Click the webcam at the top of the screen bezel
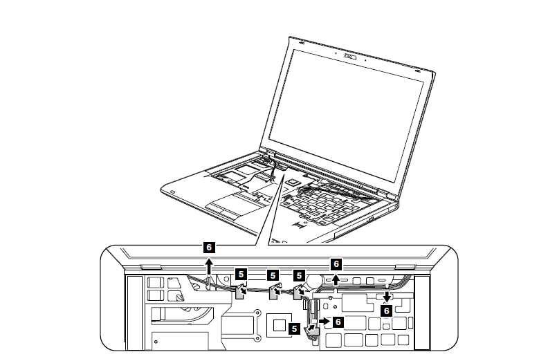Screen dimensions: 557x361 click(350, 57)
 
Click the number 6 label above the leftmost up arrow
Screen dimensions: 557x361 click(209, 248)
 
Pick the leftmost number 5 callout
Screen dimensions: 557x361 click(241, 274)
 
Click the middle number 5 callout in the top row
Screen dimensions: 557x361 click(273, 275)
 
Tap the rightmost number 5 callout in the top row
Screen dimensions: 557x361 click(299, 275)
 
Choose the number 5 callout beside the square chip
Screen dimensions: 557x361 click(294, 328)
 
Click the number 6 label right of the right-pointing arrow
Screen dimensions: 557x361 click(338, 322)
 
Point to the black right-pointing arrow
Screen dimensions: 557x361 click(324, 321)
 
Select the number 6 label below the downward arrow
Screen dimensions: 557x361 click(387, 311)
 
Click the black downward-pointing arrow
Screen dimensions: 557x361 click(387, 297)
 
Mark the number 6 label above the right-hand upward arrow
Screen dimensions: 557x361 click(336, 263)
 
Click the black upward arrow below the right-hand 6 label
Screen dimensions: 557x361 click(336, 279)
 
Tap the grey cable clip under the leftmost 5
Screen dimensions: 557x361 click(240, 292)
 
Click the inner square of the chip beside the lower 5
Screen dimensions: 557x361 click(280, 325)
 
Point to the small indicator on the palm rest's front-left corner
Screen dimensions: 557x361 click(173, 192)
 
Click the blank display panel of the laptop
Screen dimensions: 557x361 click(346, 115)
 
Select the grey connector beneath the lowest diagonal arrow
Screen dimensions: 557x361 click(311, 331)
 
